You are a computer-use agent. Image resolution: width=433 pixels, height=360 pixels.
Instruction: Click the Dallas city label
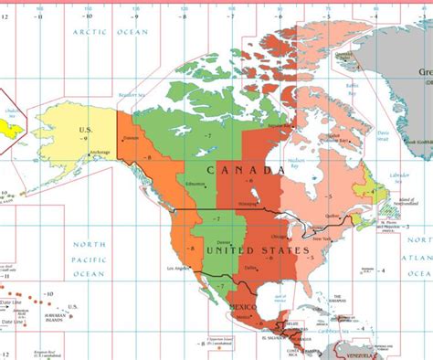250,267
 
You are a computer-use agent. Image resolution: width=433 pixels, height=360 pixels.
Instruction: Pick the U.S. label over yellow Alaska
85,129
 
